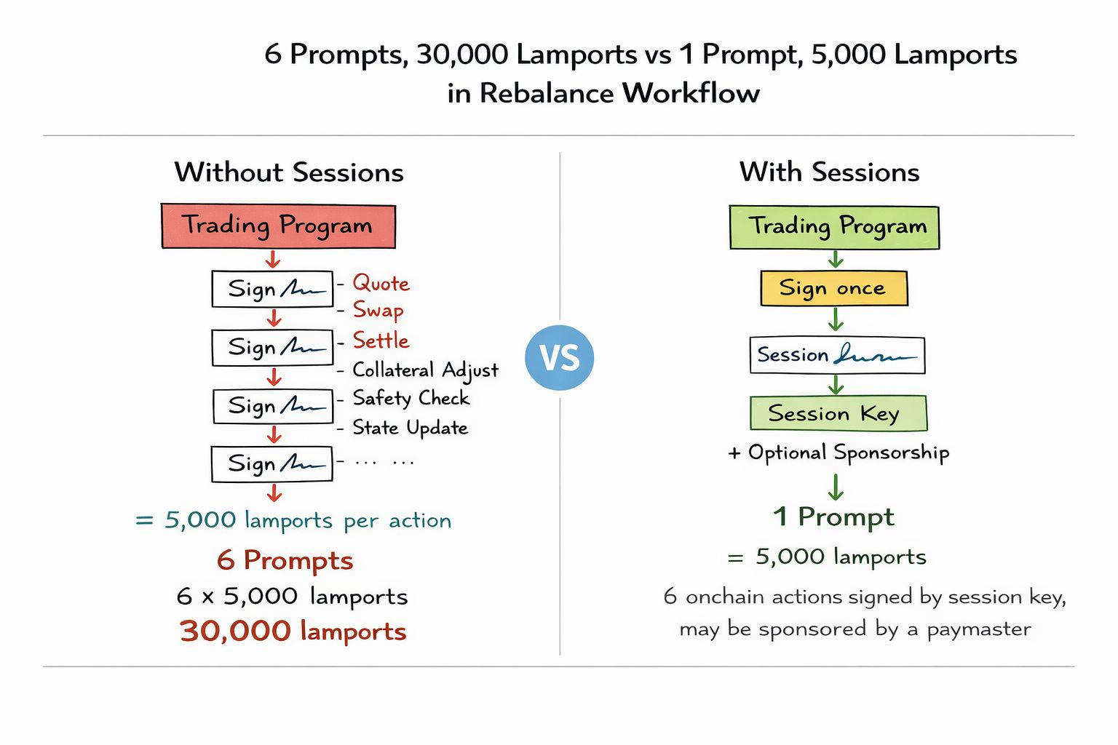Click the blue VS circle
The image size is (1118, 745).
pyautogui.click(x=559, y=357)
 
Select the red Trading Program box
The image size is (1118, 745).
pyautogui.click(x=278, y=226)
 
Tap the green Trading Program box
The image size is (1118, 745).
pyautogui.click(x=834, y=227)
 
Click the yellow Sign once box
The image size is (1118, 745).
pyautogui.click(x=833, y=288)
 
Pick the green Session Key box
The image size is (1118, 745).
pyautogui.click(x=838, y=413)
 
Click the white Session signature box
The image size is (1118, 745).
pyautogui.click(x=837, y=355)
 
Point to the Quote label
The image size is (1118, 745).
pyautogui.click(x=381, y=283)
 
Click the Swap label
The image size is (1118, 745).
pyautogui.click(x=378, y=310)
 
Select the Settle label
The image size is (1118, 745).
pyautogui.click(x=381, y=340)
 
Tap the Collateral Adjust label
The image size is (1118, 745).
pyautogui.click(x=425, y=370)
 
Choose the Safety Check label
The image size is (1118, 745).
pyautogui.click(x=411, y=398)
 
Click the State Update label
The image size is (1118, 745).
pyautogui.click(x=410, y=427)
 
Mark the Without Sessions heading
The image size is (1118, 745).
pyautogui.click(x=289, y=172)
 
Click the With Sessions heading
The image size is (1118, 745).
pyautogui.click(x=829, y=172)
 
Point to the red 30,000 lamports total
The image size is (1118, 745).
pyautogui.click(x=293, y=631)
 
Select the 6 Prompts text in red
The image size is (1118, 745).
pyautogui.click(x=285, y=560)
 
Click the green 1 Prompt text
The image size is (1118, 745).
pyautogui.click(x=833, y=517)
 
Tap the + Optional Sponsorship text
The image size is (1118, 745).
pyautogui.click(x=838, y=453)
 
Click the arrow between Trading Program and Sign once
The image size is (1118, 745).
pyautogui.click(x=836, y=260)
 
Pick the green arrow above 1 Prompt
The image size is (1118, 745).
pyautogui.click(x=836, y=486)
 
